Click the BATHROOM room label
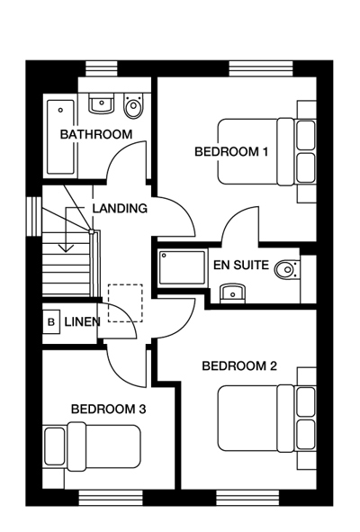[96, 134]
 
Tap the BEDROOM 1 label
[231, 151]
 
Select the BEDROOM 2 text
[239, 365]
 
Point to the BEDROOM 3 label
[109, 409]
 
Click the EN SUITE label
[241, 265]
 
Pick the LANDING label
[120, 208]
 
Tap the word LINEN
[83, 321]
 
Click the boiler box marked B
[51, 321]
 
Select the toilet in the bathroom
[133, 105]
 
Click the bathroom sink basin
[101, 104]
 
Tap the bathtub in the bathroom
[60, 137]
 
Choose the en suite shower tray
[183, 267]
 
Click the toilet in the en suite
[287, 270]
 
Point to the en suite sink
[232, 293]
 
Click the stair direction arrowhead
[67, 248]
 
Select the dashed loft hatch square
[125, 303]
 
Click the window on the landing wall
[34, 216]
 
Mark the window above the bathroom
[101, 68]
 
